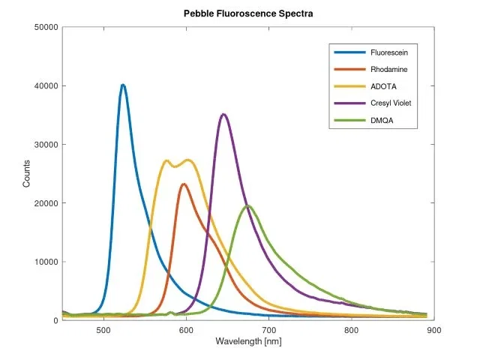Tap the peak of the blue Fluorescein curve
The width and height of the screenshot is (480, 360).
tap(123, 85)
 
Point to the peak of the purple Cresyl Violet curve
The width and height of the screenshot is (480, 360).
tap(223, 114)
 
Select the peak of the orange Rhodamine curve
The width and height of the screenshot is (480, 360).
tap(184, 184)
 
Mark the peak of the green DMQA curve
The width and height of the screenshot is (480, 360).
tap(247, 205)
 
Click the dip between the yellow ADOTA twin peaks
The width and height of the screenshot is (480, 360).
tap(176, 166)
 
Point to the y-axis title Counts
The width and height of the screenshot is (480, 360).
tap(27, 174)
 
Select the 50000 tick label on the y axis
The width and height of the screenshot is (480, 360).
tap(43, 27)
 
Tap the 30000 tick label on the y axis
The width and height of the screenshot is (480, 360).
tap(43, 144)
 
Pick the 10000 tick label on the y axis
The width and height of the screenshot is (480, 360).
tap(43, 262)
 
